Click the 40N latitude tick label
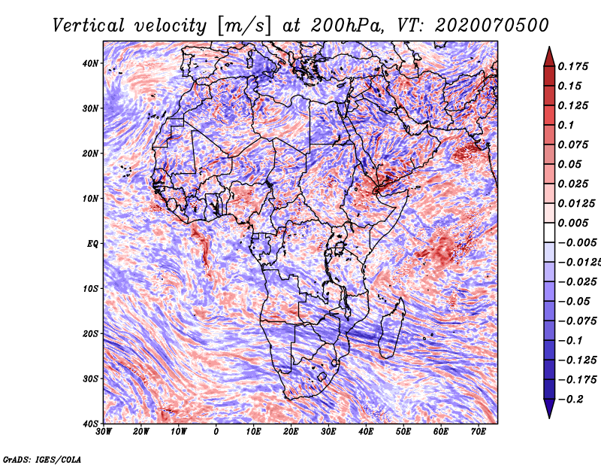[90, 63]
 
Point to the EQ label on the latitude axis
[92, 244]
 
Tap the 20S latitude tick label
[90, 333]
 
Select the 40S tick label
[90, 424]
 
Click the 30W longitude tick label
[104, 432]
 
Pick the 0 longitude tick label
[216, 432]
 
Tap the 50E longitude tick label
[403, 432]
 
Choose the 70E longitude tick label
[479, 432]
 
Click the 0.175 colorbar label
[573, 66]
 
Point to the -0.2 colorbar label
[571, 400]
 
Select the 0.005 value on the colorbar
[573, 223]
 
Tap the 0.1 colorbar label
[566, 125]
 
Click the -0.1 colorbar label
[571, 341]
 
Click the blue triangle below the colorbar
[549, 408]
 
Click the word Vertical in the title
[89, 26]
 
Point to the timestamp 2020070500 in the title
[492, 26]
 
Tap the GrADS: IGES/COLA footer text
[42, 460]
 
